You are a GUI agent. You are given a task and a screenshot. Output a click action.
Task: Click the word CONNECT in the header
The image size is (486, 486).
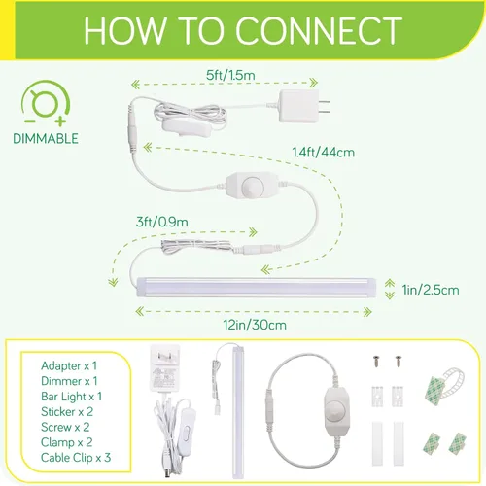coord(319,30)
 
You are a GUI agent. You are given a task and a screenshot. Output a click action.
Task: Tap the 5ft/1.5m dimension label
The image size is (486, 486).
coord(230,75)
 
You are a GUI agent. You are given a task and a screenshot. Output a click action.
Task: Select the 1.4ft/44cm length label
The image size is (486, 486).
coord(324,153)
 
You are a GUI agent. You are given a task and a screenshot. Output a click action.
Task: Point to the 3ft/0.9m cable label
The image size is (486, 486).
coord(162,222)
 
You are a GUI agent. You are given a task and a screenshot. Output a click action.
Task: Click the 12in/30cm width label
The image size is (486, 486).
coord(255,325)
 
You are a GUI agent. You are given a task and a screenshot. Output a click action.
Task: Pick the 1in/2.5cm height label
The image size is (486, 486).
coord(431,290)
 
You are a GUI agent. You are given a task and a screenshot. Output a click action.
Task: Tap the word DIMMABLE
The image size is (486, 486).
coord(46,139)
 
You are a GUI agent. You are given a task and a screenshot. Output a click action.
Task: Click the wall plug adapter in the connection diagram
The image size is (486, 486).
coord(304,106)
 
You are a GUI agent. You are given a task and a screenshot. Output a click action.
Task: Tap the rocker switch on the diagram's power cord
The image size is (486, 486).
coord(183,127)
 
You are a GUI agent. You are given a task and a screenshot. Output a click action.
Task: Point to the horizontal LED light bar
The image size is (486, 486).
coord(257,288)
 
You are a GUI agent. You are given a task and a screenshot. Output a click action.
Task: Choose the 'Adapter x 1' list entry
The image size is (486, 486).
coord(69,365)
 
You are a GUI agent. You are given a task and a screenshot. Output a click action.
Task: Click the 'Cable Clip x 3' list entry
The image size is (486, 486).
coord(76,458)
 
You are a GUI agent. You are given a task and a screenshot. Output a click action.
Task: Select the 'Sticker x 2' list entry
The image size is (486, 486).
coord(67,412)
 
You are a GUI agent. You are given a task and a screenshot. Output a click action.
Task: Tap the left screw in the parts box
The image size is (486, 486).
coord(376,362)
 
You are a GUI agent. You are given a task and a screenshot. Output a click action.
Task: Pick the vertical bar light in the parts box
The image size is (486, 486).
coord(238,411)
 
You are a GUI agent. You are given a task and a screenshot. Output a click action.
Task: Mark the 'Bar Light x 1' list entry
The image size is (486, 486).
coord(72,397)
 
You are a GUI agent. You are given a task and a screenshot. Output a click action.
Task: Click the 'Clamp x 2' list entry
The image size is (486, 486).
coord(67,442)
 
